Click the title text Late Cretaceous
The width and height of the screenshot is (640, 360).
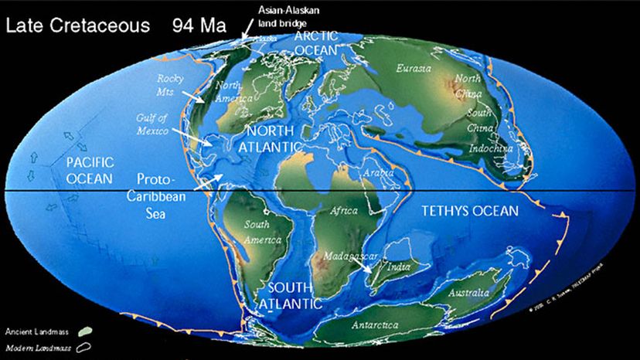point(77,25)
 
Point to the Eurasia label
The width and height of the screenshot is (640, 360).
point(413,68)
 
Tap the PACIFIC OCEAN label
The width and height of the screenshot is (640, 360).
point(90,170)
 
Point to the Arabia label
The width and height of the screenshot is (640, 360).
point(381,172)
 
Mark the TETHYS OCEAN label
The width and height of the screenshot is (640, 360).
point(468,210)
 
